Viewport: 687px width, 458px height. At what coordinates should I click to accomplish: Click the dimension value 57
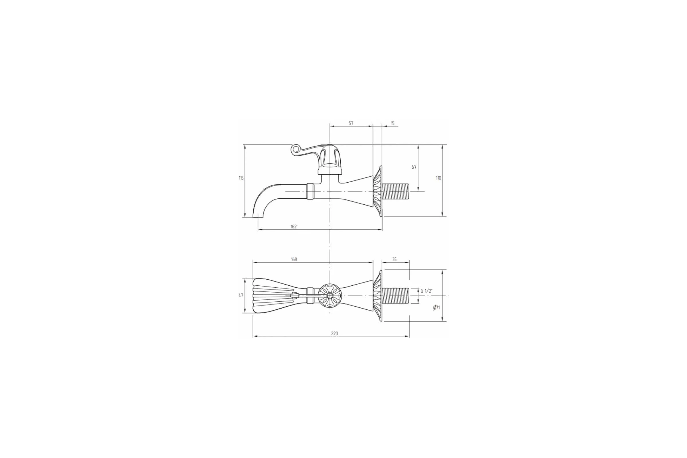pos(351,123)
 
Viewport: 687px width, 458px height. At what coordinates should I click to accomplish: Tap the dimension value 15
pos(392,123)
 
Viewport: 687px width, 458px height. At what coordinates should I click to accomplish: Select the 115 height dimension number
pos(241,178)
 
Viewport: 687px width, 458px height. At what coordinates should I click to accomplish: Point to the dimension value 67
pos(414,167)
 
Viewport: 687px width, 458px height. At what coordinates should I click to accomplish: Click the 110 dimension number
pos(439,178)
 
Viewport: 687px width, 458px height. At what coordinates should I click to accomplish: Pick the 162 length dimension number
pos(294,227)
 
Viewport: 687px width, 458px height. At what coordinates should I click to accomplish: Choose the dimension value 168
pos(294,259)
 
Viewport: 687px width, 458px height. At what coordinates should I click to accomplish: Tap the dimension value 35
pos(394,259)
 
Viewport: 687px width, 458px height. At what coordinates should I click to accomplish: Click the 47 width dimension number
pos(241,296)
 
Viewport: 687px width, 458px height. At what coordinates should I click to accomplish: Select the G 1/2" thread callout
pos(427,291)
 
